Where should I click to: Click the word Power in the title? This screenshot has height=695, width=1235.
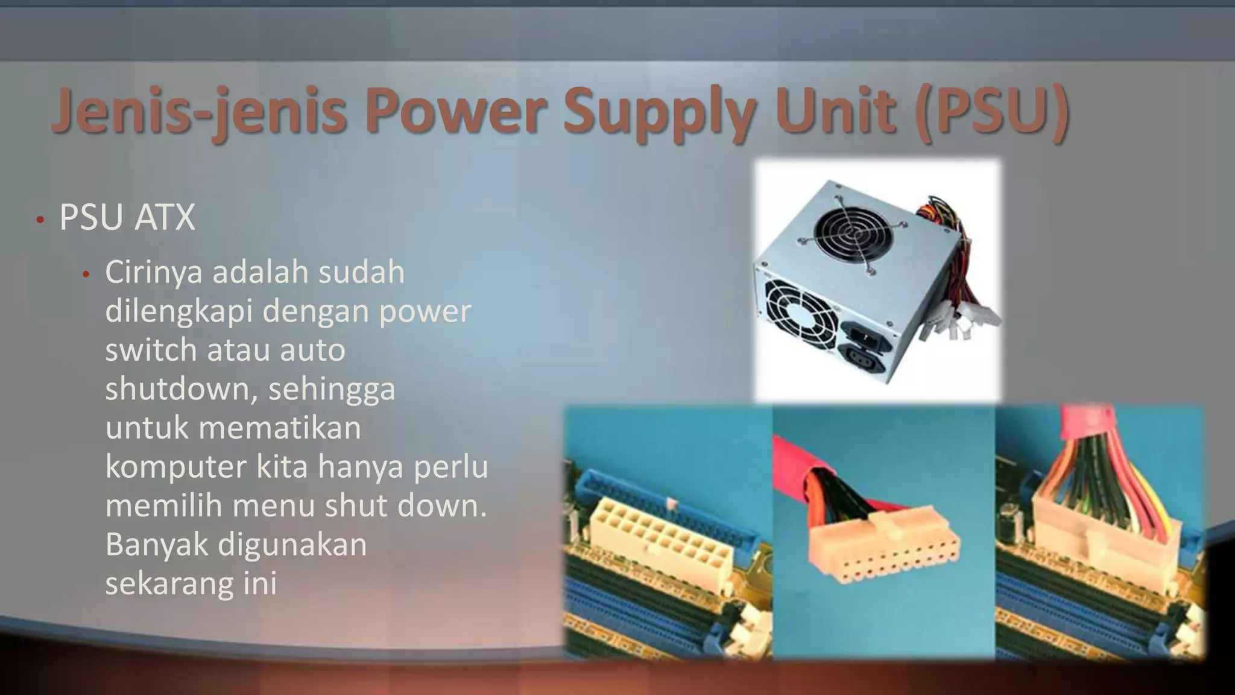pos(455,112)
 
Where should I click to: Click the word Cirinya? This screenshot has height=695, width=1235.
pos(153,272)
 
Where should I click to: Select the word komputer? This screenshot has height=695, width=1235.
pos(175,466)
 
